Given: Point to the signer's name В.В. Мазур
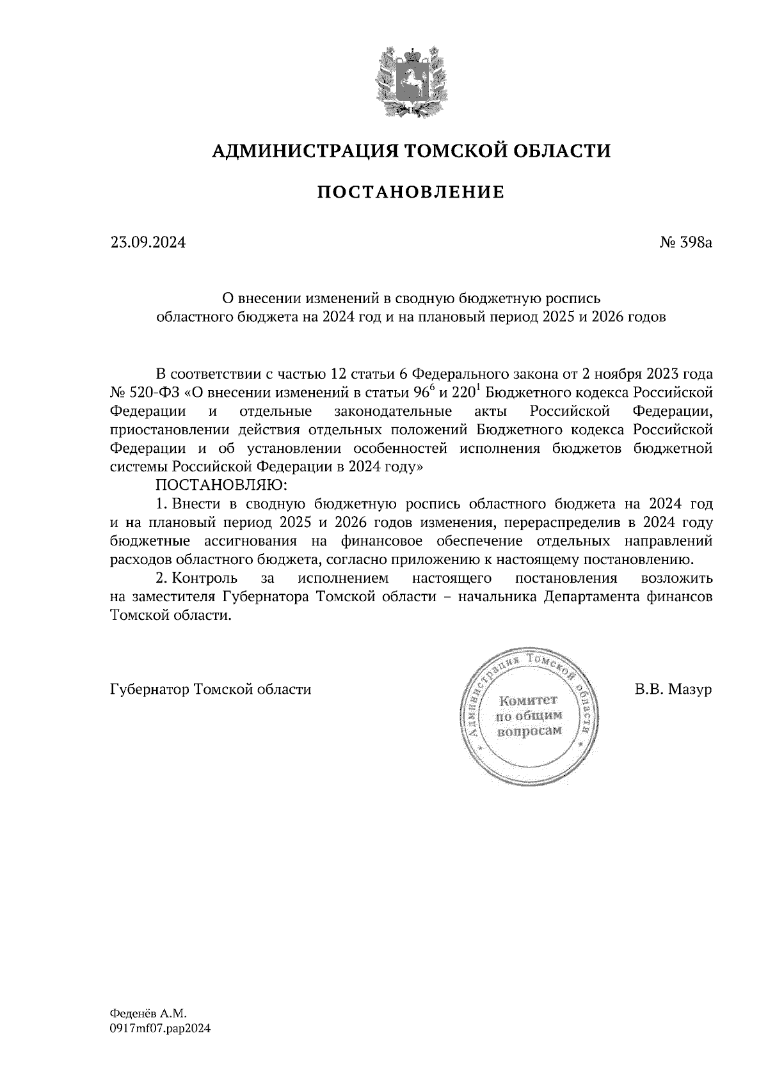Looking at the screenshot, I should pos(673,690).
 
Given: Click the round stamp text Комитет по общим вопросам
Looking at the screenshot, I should pos(529,715).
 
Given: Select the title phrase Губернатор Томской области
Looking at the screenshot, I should pos(211,690).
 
